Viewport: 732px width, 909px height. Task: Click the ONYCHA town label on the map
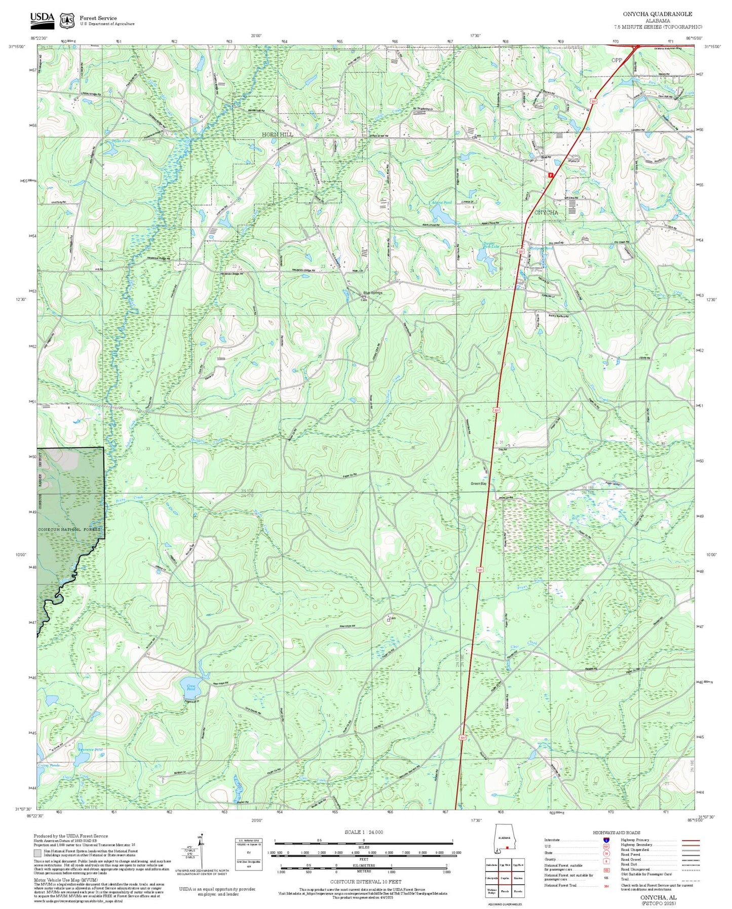[546, 213]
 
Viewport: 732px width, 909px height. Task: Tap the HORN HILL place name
[277, 135]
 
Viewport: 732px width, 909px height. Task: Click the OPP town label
[617, 60]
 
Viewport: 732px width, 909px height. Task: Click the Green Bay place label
[479, 484]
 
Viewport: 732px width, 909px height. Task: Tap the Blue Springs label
[373, 293]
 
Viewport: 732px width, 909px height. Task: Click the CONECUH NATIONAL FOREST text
[69, 529]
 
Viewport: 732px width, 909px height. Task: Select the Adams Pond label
[441, 203]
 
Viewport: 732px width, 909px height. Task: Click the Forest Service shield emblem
[66, 20]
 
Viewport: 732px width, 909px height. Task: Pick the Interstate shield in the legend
[606, 840]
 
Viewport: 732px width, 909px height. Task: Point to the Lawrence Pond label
[90, 749]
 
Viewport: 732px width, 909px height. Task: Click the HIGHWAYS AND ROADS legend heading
[616, 832]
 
